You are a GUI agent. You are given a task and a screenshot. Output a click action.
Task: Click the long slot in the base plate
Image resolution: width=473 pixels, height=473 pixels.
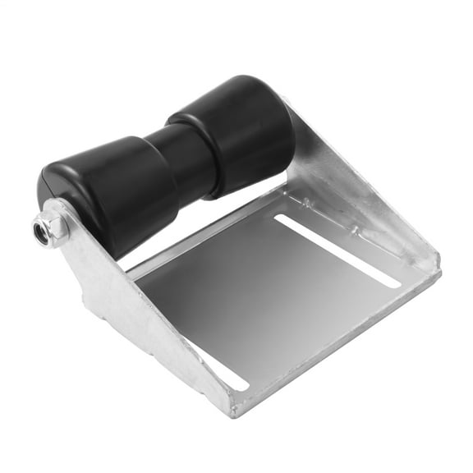point(337,250)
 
